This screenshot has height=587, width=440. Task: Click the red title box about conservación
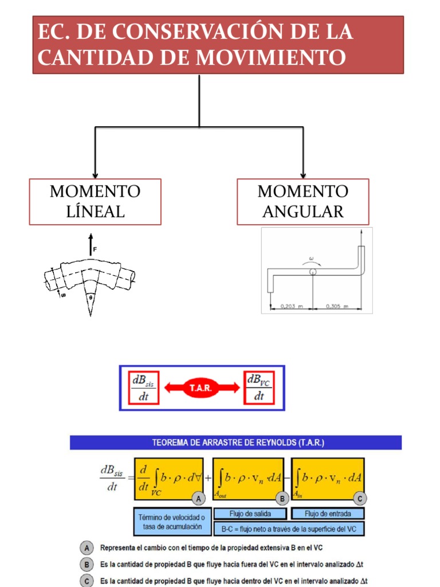coord(218,45)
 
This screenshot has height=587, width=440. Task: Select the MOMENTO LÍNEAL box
coord(95,201)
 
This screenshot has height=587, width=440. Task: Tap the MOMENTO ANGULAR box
coord(302,201)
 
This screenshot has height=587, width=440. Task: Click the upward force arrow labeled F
coord(90,245)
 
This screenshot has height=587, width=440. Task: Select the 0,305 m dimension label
coord(337,307)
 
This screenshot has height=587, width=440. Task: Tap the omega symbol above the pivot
coord(312,259)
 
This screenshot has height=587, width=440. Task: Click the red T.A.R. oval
coord(202,388)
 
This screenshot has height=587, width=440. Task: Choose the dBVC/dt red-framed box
coord(260,388)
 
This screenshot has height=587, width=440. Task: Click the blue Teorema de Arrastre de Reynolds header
coord(235,443)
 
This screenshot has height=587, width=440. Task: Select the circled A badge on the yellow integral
coord(198,499)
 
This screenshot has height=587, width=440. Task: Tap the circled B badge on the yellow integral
coord(282,499)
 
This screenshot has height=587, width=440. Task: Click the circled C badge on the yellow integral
coord(359,499)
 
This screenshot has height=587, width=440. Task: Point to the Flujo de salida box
coord(250,513)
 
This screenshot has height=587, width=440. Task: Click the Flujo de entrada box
coord(328,513)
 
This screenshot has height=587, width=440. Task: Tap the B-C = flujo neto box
coord(289,529)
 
